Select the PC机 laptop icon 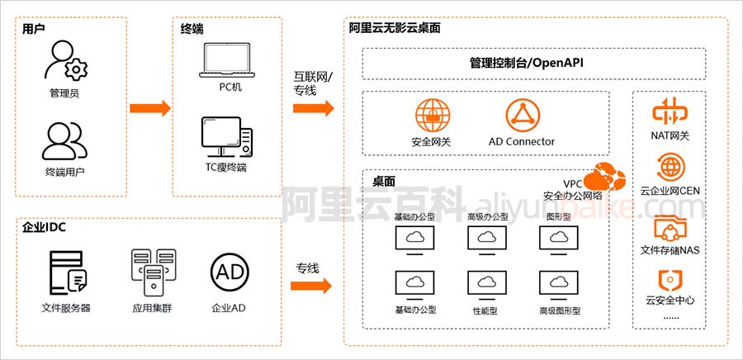[x=227, y=60]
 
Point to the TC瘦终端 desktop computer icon [x=226, y=136]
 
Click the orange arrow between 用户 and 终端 [x=150, y=108]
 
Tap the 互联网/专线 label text [x=313, y=82]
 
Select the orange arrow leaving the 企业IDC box [x=311, y=286]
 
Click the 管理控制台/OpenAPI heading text [x=526, y=63]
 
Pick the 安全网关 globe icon [x=433, y=116]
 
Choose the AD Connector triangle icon [x=523, y=116]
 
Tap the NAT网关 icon [x=670, y=111]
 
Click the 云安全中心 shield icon [x=670, y=281]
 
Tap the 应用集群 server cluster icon [x=153, y=272]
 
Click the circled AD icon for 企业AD [x=230, y=272]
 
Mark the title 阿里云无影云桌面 [x=395, y=28]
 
